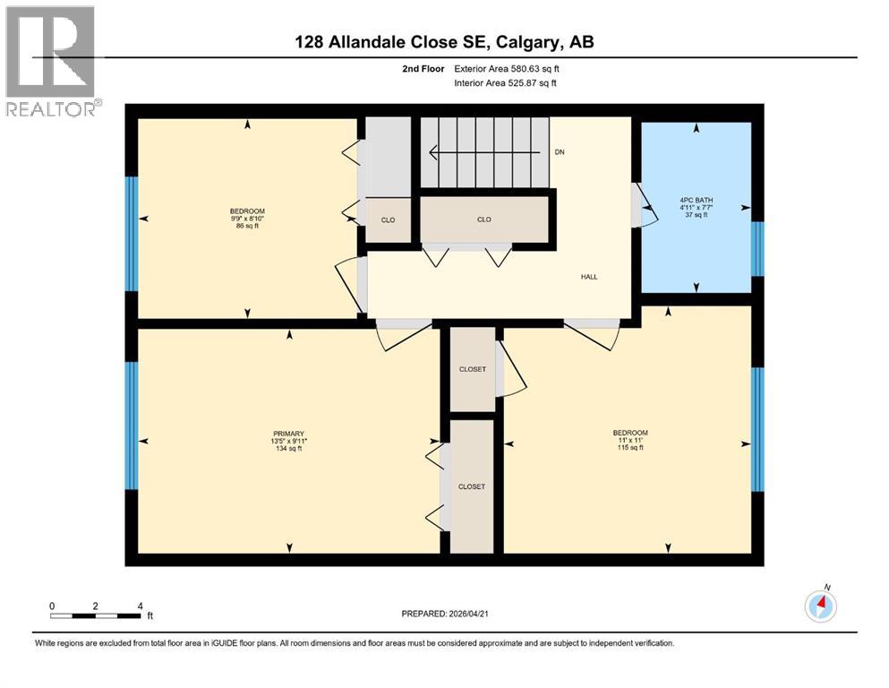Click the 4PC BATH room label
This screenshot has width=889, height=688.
pos(697,200)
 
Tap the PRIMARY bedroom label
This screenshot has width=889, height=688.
pos(288,434)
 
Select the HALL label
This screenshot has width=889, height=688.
pos(588,277)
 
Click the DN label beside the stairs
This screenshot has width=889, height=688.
pos(560,152)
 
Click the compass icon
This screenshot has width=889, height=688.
pos(820,606)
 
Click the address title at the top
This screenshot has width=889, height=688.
pos(444,42)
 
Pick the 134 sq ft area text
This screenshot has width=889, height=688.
pos(288,449)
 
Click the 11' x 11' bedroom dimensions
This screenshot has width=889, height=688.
pos(626,441)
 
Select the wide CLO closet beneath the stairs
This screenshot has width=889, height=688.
pos(483,219)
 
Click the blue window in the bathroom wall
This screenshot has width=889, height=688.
pos(757,249)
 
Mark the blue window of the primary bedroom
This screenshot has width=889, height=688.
pos(132,426)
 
